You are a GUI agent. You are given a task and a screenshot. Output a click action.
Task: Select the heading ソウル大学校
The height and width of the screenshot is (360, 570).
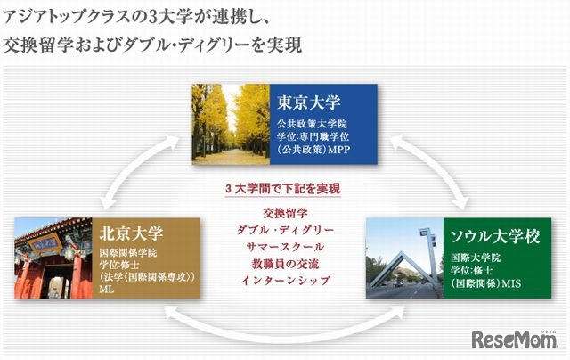point(494,237)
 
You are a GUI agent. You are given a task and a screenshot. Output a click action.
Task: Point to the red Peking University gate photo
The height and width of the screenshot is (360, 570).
point(49,258)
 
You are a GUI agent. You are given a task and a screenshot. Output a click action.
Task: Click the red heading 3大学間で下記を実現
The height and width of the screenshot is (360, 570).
point(285,190)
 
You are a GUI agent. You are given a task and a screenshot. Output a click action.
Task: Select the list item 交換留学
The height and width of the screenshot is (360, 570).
point(285,214)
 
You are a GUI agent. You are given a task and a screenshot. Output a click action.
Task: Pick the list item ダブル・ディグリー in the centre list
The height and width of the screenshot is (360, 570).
point(285,230)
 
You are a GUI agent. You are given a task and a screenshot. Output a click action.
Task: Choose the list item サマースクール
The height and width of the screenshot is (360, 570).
point(285,247)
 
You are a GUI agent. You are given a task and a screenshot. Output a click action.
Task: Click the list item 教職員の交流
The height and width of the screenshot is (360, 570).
point(285,264)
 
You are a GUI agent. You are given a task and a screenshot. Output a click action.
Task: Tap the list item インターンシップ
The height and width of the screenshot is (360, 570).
point(285,281)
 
